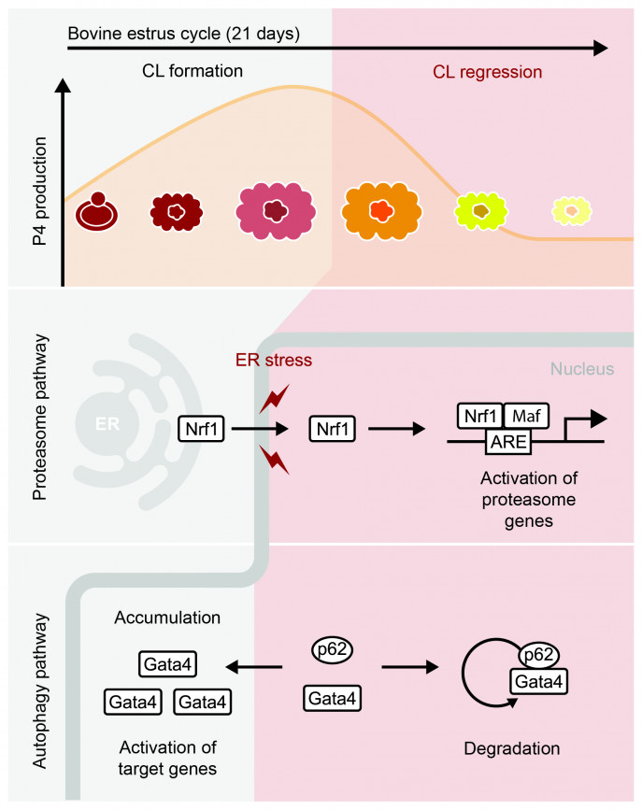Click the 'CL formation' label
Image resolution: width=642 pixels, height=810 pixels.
[194, 71]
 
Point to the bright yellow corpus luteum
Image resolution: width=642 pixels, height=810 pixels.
[480, 211]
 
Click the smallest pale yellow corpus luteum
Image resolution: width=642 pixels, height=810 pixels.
[569, 211]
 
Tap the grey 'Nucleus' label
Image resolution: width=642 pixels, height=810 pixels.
[582, 369]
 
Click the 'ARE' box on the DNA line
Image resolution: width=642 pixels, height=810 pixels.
[509, 441]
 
